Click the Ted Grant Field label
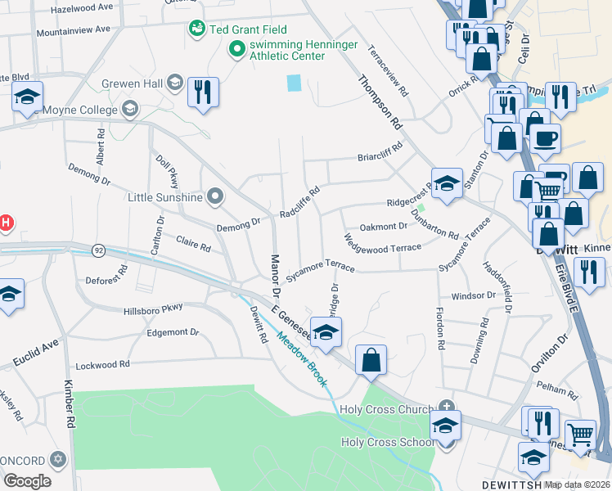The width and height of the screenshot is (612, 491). (x=248, y=29)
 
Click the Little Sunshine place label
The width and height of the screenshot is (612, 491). (x=165, y=196)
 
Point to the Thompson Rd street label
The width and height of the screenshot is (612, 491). (x=380, y=102)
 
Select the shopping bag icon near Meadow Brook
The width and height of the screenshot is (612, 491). (x=371, y=360)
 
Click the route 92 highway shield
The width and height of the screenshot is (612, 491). (x=99, y=249)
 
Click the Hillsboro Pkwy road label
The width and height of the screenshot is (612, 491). (x=153, y=308)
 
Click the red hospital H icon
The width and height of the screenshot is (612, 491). (x=4, y=223)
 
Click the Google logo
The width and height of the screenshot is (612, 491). (x=27, y=481)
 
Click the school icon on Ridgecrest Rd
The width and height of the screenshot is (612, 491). (x=447, y=185)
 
